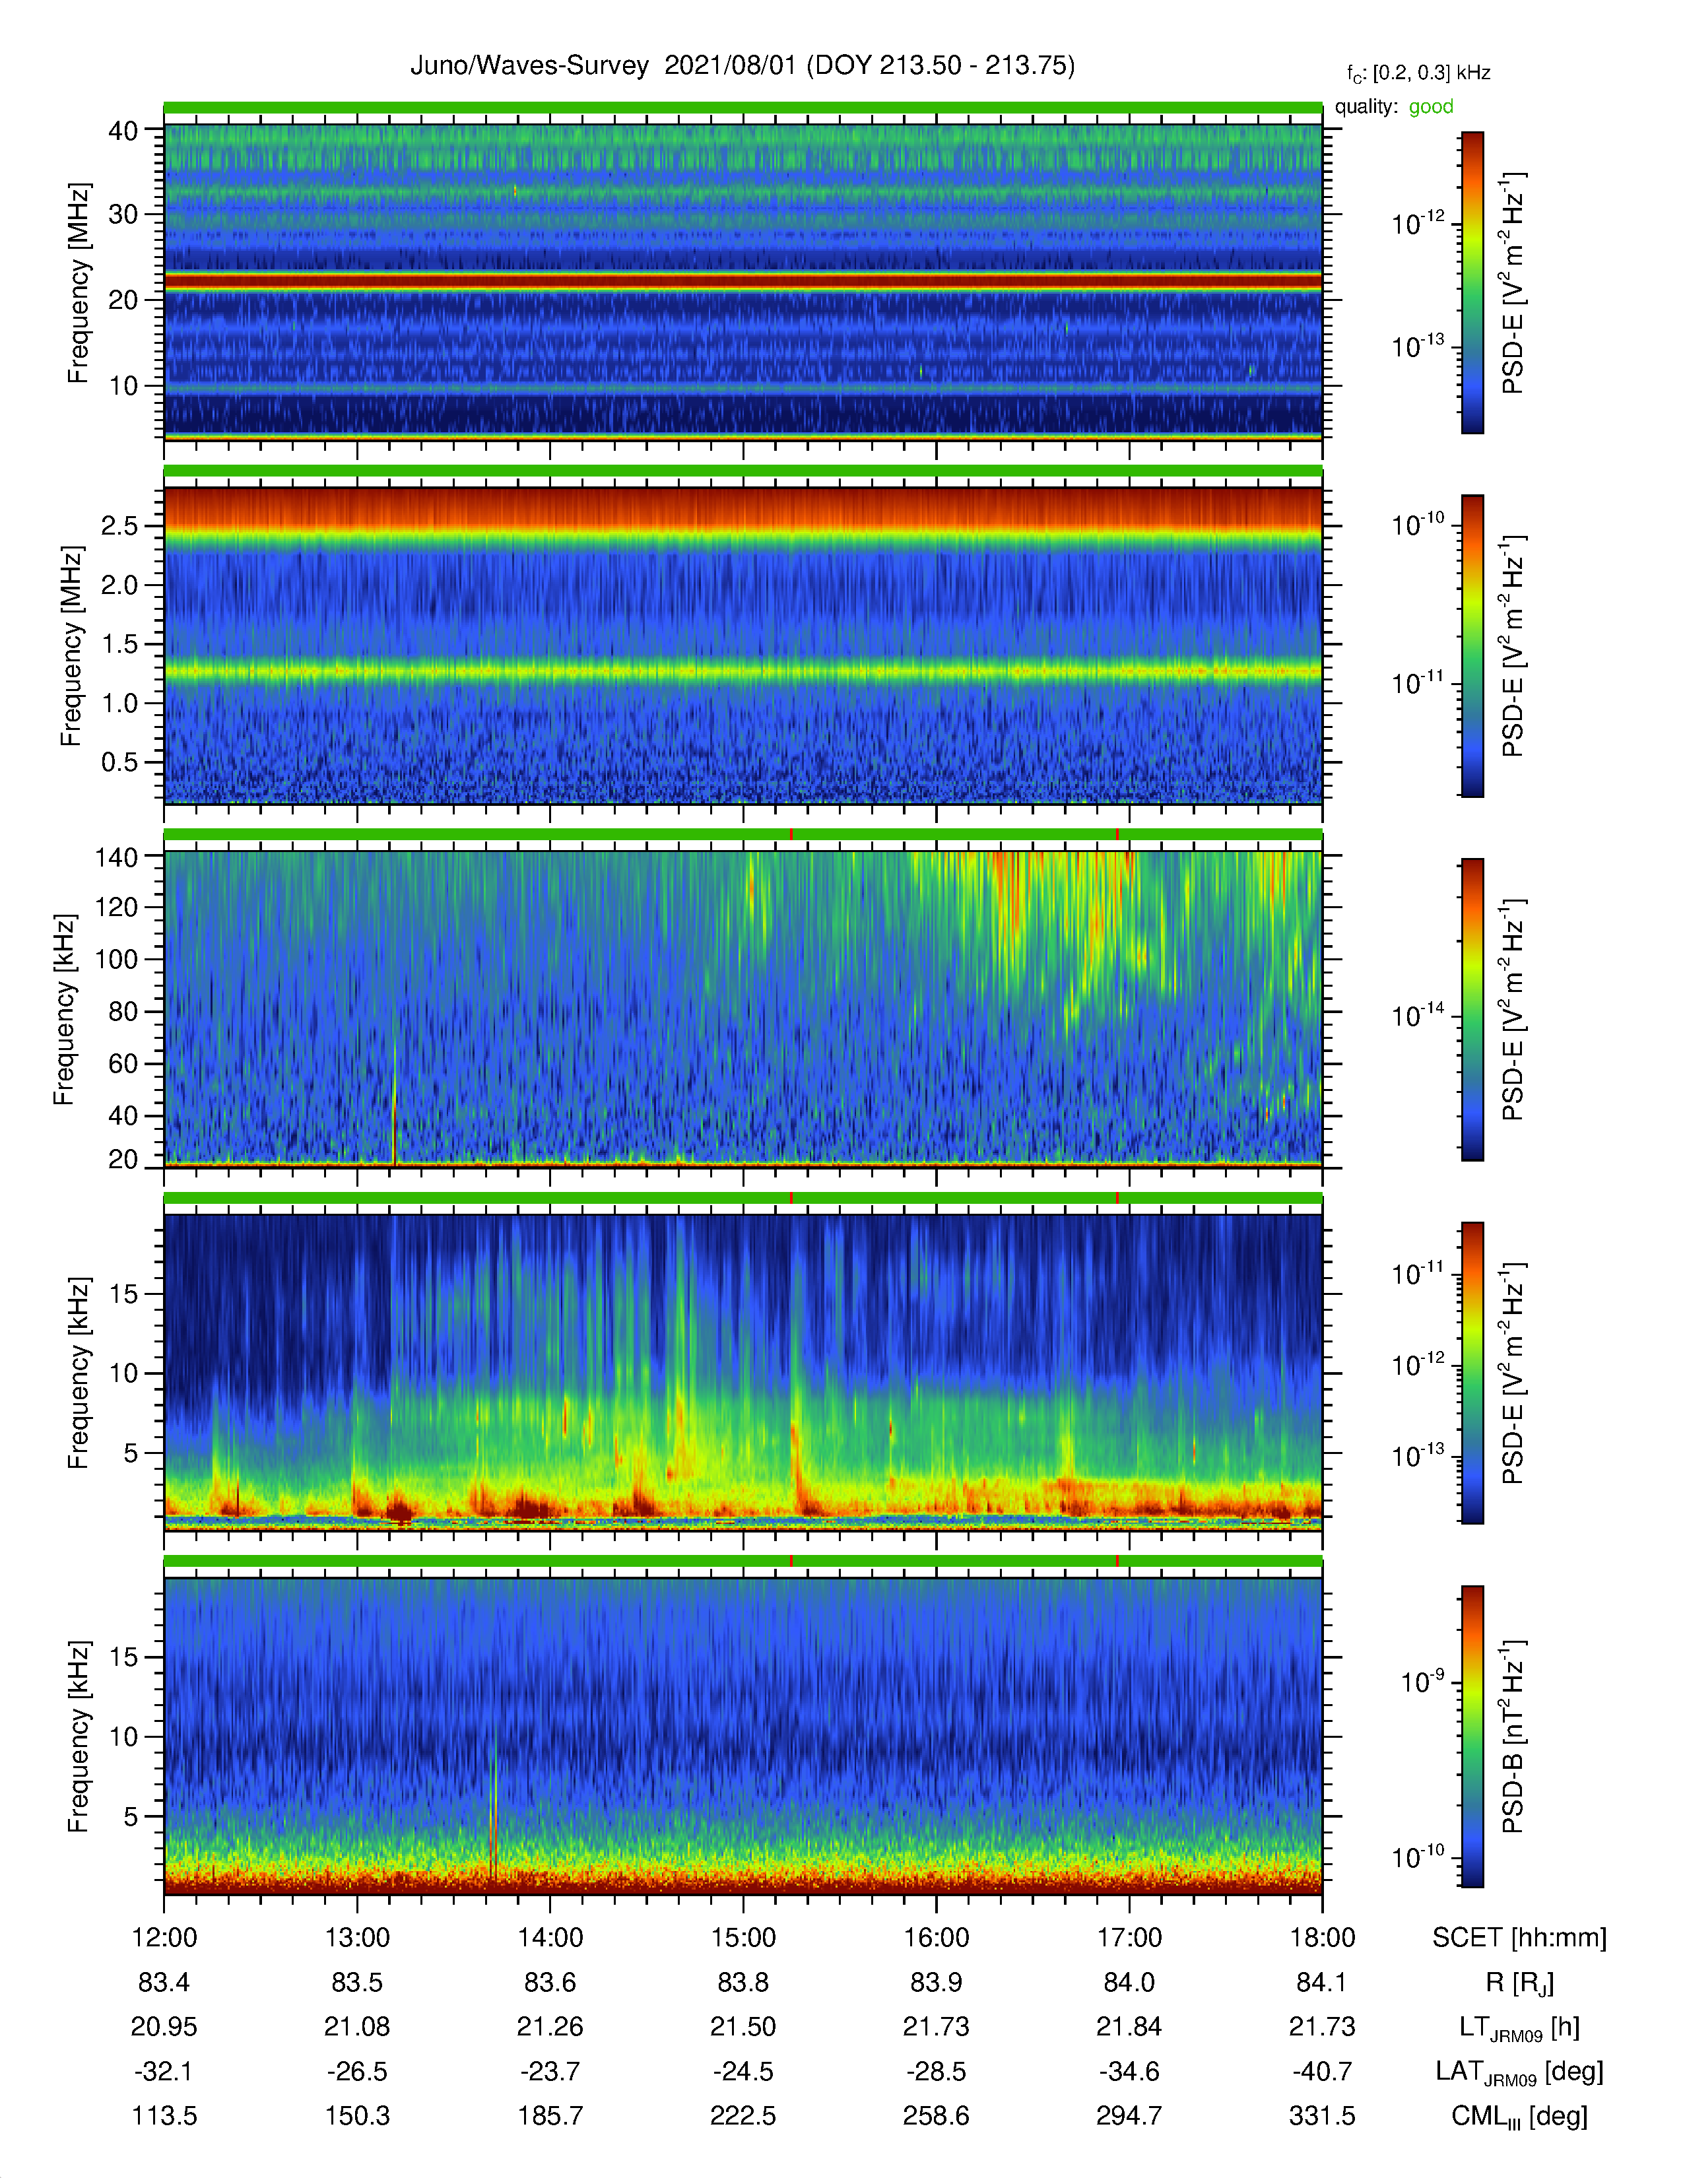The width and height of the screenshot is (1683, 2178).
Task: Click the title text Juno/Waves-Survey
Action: [x=529, y=66]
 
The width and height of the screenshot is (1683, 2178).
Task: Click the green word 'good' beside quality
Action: [x=1431, y=107]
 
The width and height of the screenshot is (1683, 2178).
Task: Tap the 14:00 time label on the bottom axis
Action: [x=550, y=1938]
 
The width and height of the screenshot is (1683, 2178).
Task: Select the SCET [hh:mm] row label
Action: [x=1519, y=1938]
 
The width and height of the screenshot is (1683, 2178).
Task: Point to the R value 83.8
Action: [x=742, y=1983]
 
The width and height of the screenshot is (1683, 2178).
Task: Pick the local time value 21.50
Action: [x=742, y=2026]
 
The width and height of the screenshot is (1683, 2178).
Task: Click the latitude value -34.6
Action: [x=1129, y=2071]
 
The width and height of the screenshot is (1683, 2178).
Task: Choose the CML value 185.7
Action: [x=550, y=2115]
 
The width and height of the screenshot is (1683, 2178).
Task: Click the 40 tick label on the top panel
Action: [x=123, y=131]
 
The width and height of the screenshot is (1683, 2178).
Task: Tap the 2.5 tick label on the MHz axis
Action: [x=119, y=525]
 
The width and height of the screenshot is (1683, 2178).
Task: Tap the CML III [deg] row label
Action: [x=1519, y=2116]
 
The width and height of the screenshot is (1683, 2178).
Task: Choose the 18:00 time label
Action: [x=1322, y=1938]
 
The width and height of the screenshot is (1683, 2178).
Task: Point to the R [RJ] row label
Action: [x=1519, y=1983]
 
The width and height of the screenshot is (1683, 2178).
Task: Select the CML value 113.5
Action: [x=164, y=2115]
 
